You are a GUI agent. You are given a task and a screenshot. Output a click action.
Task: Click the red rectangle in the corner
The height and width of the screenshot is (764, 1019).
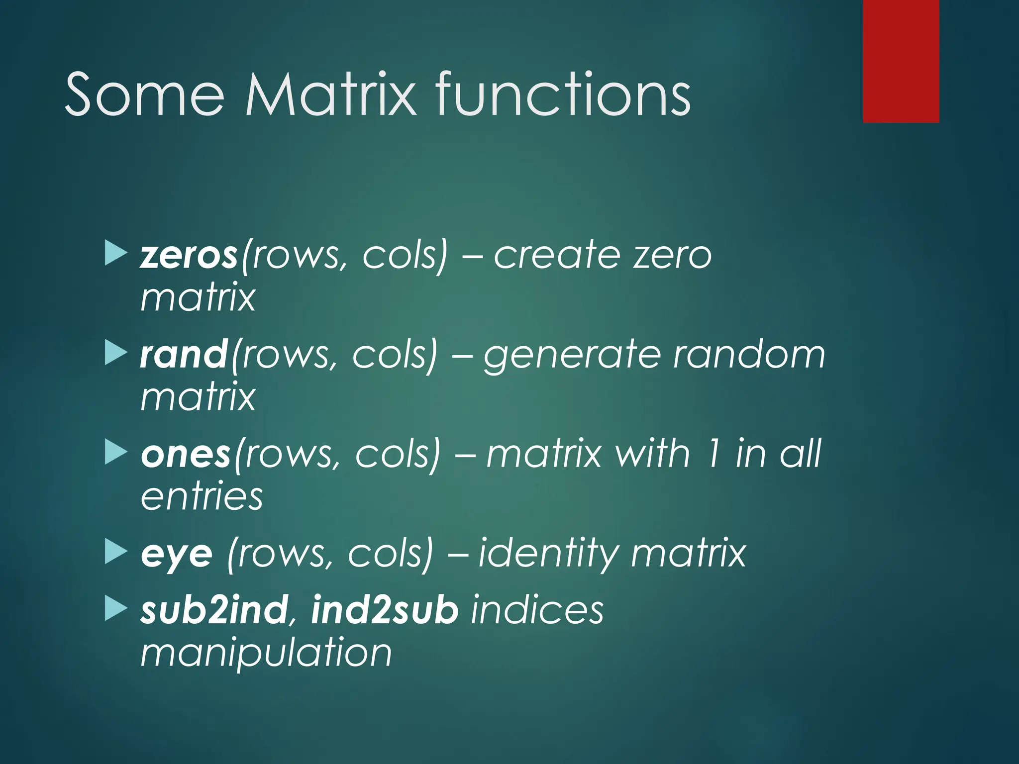point(901,61)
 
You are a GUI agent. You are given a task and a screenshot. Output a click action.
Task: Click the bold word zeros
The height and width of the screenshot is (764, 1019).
point(189,256)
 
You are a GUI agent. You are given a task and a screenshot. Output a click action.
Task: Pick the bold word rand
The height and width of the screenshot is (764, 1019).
point(184,355)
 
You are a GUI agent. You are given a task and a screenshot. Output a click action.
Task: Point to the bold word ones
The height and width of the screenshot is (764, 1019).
point(186,455)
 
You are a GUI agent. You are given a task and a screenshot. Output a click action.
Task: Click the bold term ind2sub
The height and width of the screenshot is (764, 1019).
point(384,610)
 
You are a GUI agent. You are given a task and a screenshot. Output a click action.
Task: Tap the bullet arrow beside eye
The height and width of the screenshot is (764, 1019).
point(116,553)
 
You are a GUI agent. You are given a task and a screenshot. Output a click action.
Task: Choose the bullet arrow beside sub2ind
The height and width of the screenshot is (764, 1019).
point(116,609)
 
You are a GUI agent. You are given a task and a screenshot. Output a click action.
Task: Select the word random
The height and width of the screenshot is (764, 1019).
point(749,355)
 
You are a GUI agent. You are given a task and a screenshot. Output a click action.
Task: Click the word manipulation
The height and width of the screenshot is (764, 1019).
point(266,654)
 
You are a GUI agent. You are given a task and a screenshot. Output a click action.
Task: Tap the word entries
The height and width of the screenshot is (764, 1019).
point(202,497)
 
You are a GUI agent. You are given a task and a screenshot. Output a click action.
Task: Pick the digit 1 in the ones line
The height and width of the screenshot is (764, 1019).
point(712,454)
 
